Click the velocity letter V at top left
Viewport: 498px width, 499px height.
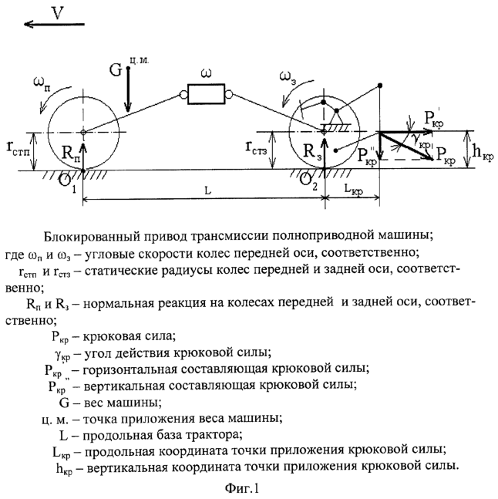[x=58, y=13]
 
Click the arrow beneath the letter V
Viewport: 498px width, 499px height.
[x=55, y=24]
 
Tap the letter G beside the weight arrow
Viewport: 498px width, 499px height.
[x=116, y=69]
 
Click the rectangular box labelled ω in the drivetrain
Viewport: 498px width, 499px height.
[x=206, y=94]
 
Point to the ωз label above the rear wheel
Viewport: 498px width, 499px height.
[x=288, y=77]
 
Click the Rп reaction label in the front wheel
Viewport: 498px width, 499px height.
[x=71, y=153]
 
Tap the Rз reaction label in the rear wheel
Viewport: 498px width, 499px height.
[x=313, y=151]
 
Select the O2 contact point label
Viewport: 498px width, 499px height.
[x=308, y=182]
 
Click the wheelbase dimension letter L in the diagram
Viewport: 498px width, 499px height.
[x=207, y=190]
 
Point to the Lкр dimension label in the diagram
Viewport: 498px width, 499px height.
[x=353, y=190]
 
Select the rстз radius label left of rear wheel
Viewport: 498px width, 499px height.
[x=257, y=148]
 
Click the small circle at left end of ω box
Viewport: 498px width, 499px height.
[x=183, y=95]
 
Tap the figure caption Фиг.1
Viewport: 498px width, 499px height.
[x=242, y=488]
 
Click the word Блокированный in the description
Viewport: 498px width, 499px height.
[x=89, y=236]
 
